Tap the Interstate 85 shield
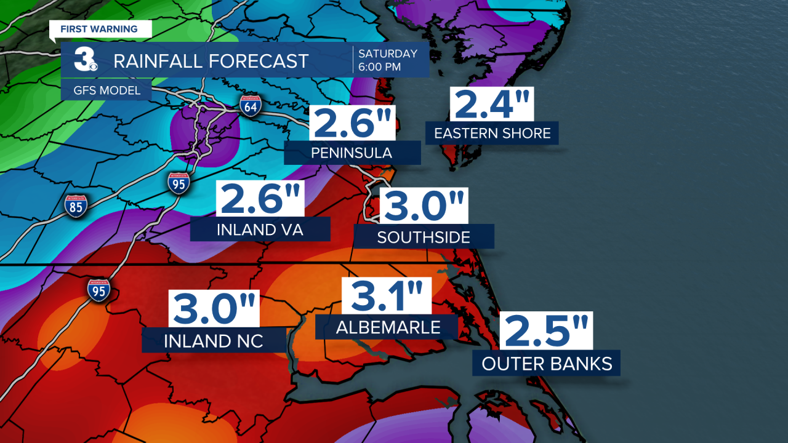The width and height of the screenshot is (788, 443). [x=75, y=206]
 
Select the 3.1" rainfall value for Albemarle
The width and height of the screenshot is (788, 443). [x=387, y=296]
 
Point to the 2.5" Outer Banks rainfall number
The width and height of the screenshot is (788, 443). [x=546, y=331]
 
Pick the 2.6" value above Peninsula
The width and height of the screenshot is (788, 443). [x=353, y=123]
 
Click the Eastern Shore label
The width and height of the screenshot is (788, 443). [x=492, y=133]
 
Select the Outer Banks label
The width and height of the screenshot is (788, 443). [x=547, y=364]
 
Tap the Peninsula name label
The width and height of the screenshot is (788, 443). [x=352, y=153]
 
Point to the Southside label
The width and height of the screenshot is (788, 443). [x=424, y=237]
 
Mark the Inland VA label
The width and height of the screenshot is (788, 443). [x=260, y=230]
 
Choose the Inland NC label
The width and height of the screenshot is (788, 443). [x=214, y=341]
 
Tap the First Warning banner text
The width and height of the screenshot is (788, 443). [x=98, y=29]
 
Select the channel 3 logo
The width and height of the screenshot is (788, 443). [x=84, y=60]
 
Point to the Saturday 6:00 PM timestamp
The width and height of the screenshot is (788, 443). [x=388, y=60]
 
